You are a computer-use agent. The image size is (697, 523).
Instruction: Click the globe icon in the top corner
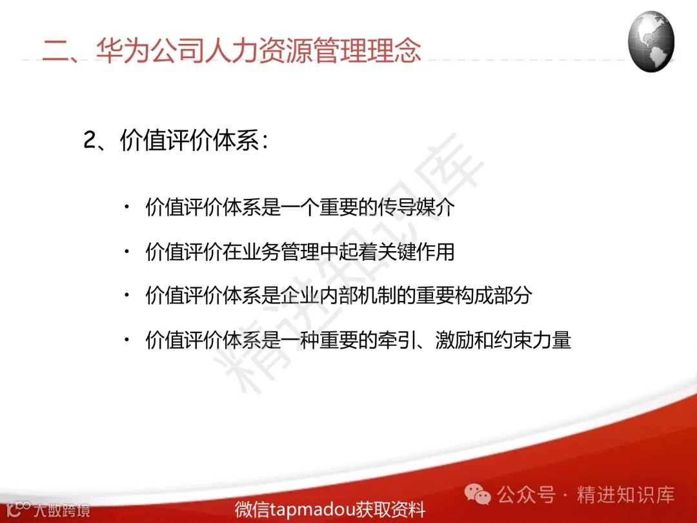click(651, 41)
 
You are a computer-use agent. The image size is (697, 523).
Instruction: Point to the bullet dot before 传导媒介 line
click(126, 207)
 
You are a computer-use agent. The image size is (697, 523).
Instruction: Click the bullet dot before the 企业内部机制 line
click(126, 295)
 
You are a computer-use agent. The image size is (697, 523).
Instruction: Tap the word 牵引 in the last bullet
click(394, 340)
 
